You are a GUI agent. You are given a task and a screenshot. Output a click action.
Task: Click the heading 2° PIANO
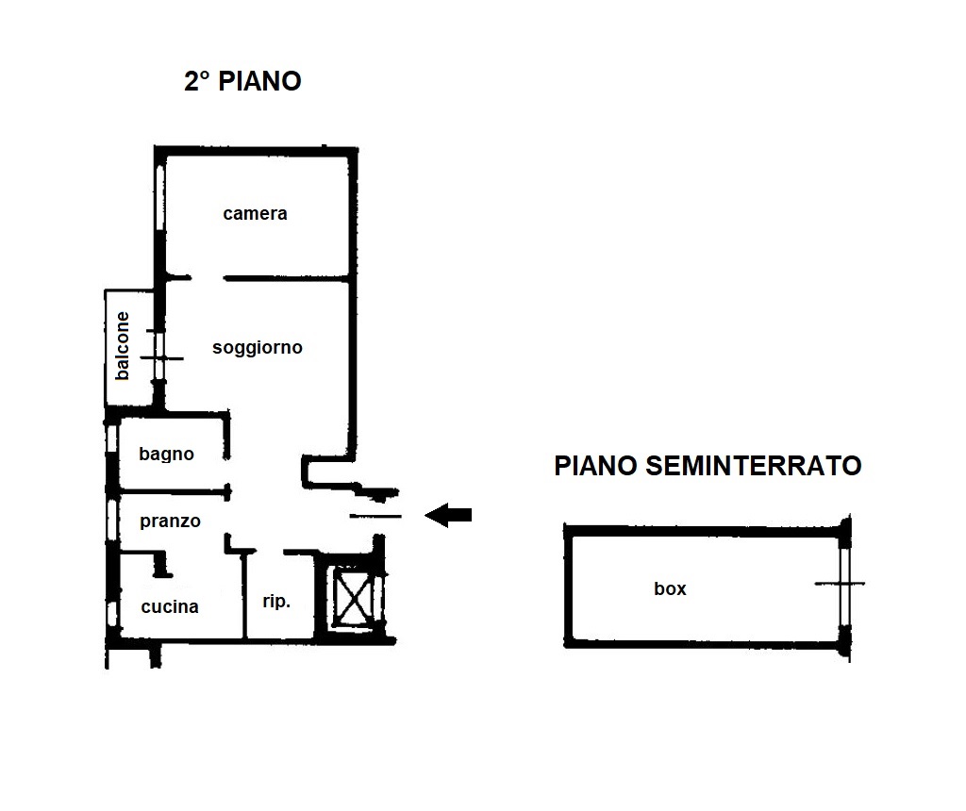click(242, 81)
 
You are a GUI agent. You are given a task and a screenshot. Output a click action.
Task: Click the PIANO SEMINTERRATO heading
click(708, 466)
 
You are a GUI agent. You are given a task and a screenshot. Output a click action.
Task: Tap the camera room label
click(255, 214)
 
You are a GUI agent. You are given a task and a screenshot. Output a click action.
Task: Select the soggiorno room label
click(258, 348)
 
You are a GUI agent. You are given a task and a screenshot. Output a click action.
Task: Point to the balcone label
click(123, 345)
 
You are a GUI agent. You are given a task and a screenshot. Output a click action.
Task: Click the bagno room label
click(166, 455)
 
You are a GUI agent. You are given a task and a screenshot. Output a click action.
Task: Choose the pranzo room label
click(170, 521)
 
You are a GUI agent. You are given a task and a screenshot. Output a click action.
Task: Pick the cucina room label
click(170, 607)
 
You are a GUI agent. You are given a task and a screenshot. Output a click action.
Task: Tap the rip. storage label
click(276, 602)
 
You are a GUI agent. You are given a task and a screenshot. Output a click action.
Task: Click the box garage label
click(670, 588)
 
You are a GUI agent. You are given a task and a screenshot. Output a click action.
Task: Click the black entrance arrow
click(448, 515)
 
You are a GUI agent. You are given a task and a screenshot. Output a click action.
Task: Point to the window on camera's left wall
click(159, 198)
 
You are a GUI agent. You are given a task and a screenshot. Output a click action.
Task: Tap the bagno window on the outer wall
click(111, 439)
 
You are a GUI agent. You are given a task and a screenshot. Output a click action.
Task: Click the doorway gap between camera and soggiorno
click(208, 278)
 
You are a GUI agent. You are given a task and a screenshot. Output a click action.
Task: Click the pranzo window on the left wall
click(111, 520)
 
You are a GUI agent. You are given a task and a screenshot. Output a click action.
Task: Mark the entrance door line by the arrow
click(375, 516)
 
